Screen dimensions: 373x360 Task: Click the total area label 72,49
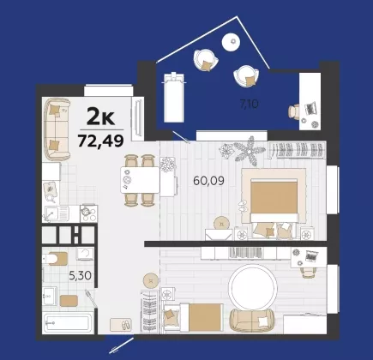[x=100, y=141]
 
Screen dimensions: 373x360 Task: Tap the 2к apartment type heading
[x=100, y=117]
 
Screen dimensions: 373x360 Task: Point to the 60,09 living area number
[x=208, y=181]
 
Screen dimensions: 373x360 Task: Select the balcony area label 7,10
[x=249, y=104]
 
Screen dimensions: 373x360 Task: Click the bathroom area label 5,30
[x=80, y=276]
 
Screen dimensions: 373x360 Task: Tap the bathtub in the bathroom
[x=68, y=323]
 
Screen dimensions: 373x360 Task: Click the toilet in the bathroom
[x=55, y=259]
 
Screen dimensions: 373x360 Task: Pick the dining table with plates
[x=140, y=180]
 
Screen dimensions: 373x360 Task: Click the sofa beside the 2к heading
[x=57, y=129]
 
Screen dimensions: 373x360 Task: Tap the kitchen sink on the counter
[x=56, y=213]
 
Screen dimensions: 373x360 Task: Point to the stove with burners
[x=88, y=213]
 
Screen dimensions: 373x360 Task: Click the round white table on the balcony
[x=232, y=42]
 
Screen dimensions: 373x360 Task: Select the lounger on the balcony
[x=173, y=97]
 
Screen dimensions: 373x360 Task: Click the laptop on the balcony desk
[x=311, y=108]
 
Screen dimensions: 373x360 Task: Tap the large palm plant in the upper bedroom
[x=250, y=151]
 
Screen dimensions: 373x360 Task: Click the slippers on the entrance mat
[x=125, y=325]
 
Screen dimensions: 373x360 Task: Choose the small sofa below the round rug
[x=251, y=321]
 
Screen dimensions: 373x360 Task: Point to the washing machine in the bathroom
[x=85, y=254]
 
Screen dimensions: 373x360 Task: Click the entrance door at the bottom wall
[x=122, y=345]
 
